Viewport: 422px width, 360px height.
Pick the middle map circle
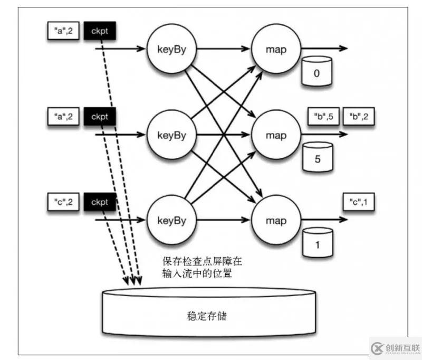pyautogui.click(x=275, y=134)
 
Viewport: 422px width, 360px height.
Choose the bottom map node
pyautogui.click(x=275, y=219)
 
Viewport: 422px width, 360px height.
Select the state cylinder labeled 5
pyautogui.click(x=316, y=157)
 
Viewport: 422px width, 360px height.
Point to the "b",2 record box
pyautogui.click(x=359, y=117)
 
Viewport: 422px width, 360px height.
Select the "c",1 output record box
pyautogui.click(x=359, y=202)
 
